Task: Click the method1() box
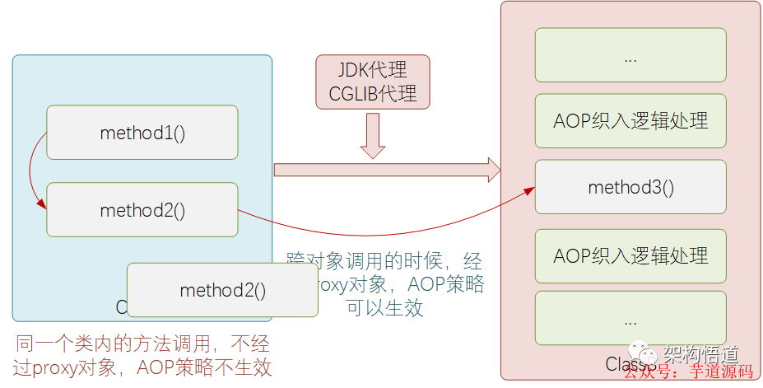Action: [x=142, y=132]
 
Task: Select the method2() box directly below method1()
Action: [x=142, y=209]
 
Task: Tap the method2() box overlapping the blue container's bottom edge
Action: [x=222, y=290]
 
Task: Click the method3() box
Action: [x=630, y=187]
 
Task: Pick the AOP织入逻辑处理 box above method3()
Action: [x=630, y=120]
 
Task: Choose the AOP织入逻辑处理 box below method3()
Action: [x=630, y=255]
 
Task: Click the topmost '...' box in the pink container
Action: [x=630, y=55]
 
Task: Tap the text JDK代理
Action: [x=373, y=69]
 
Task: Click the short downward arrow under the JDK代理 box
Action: [x=373, y=135]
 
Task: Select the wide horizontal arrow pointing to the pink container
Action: [x=387, y=170]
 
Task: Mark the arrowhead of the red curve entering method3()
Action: [x=528, y=192]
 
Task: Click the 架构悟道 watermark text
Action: [x=699, y=353]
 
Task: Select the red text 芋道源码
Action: [x=721, y=373]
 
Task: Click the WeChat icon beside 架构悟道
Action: [x=650, y=354]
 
